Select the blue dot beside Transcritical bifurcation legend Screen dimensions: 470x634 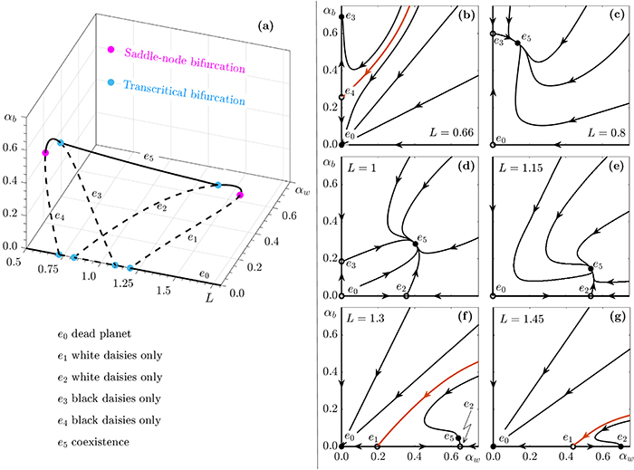coord(111,83)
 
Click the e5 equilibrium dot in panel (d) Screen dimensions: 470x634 coord(415,244)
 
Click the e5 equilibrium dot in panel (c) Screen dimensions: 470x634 coord(517,43)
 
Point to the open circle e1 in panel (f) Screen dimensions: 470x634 coord(379,447)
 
